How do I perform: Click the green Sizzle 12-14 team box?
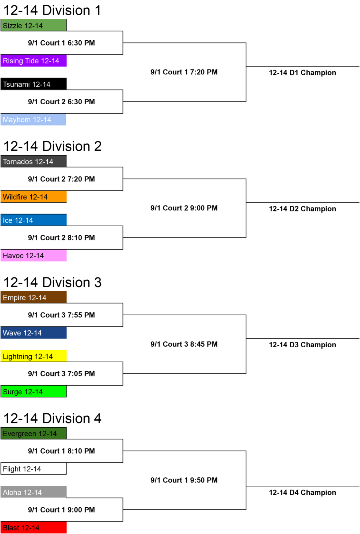(33, 25)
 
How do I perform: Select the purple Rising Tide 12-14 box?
(33, 60)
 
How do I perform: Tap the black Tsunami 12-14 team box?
(33, 84)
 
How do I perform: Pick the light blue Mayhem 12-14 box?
(33, 120)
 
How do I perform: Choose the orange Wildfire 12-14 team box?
(33, 197)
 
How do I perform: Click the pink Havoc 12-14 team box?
(33, 256)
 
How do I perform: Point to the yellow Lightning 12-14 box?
(33, 356)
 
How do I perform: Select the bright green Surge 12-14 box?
(33, 391)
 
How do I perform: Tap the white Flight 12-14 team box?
(33, 469)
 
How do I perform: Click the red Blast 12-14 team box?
(33, 527)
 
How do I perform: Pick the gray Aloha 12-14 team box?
(33, 492)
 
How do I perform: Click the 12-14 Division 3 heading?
(53, 282)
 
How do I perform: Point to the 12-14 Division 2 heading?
(53, 146)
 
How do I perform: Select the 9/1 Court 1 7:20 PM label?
(184, 72)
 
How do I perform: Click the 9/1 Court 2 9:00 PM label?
(184, 208)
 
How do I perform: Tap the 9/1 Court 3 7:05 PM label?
(61, 374)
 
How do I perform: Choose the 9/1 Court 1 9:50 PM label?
(184, 480)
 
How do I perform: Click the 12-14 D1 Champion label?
(303, 72)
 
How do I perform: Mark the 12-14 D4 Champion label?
(303, 493)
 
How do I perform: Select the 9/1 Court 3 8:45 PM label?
(184, 344)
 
